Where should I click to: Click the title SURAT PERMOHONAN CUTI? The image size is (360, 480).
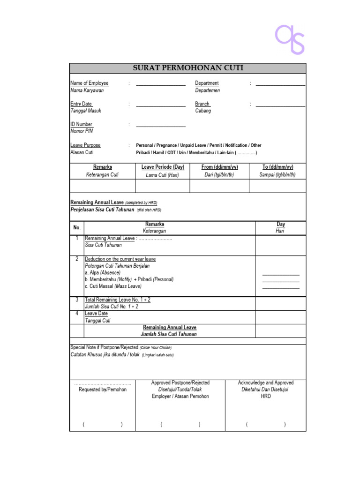coord(188,68)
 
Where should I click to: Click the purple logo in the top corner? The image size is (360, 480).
coord(290,40)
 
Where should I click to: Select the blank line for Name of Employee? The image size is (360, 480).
coord(160,85)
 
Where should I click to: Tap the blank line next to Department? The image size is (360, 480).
coord(280,85)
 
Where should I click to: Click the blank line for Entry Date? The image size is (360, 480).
coord(160,105)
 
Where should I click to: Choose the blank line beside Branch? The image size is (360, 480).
coord(280,105)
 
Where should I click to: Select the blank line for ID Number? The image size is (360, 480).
coord(160,126)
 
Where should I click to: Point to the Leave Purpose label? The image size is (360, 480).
coord(85,145)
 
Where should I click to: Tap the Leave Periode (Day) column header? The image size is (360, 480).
coord(163,167)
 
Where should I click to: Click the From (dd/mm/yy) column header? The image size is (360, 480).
coord(219,167)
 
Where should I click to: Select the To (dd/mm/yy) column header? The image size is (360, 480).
coord(277,167)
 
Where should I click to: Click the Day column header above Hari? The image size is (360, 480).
coord(281,225)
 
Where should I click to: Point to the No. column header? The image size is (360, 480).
coord(77,227)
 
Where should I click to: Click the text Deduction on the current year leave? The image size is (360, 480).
coord(120,259)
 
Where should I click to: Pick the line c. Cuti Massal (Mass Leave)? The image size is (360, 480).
coord(113,286)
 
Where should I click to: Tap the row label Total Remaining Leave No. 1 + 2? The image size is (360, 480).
coord(118,300)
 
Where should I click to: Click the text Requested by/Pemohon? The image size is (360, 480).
coord(103,390)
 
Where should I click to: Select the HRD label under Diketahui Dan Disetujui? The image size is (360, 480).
coord(266,396)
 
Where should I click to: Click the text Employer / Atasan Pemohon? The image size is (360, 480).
coord(180,396)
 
